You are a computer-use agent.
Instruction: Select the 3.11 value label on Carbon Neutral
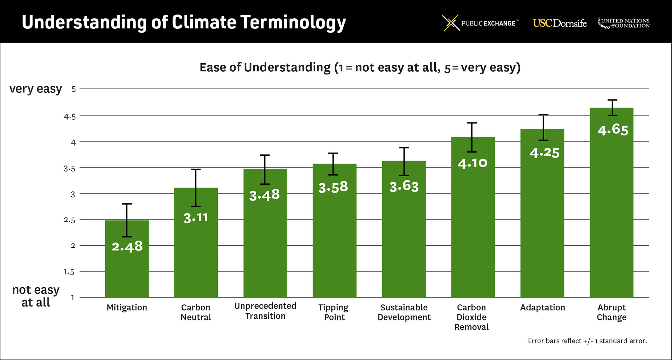[x=196, y=218]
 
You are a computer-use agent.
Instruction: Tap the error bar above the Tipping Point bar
[x=333, y=164]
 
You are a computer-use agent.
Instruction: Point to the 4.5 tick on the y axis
[x=70, y=117]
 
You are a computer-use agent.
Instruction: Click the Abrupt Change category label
[x=611, y=312]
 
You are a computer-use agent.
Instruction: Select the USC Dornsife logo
[x=559, y=23]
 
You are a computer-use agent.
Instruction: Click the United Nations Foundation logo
[x=623, y=23]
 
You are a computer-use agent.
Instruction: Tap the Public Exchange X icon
[x=450, y=23]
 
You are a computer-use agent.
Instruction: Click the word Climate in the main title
[x=204, y=22]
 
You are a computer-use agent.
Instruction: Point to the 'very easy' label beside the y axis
[x=36, y=89]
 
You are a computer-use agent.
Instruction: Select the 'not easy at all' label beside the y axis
[x=36, y=296]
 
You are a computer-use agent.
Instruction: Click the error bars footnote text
[x=587, y=341]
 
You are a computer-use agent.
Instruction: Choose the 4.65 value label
[x=612, y=130]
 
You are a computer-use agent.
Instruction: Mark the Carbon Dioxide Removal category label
[x=471, y=317]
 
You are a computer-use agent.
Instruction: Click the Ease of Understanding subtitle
[x=360, y=67]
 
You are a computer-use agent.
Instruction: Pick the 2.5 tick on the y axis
[x=69, y=220]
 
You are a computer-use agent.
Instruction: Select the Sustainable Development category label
[x=404, y=312]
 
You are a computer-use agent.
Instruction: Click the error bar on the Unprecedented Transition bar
[x=265, y=169]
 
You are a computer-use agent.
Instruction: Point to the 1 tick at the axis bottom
[x=72, y=297]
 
